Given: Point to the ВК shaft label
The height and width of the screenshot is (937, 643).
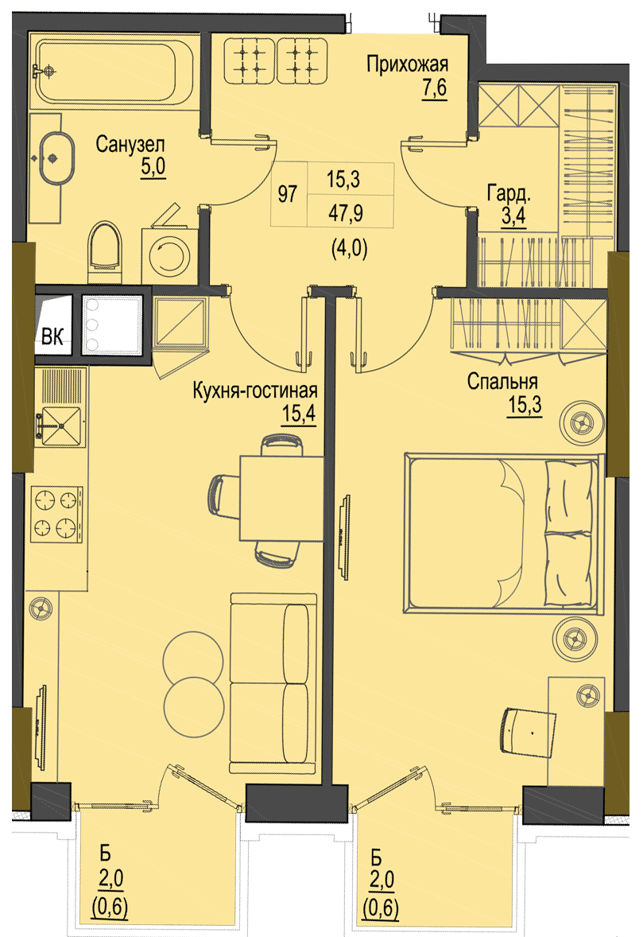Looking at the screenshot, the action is pos(52,337).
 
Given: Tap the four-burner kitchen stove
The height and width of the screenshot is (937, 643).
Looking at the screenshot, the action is pos(57,513).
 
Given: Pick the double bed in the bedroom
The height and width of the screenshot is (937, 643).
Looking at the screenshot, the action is pos(502,533).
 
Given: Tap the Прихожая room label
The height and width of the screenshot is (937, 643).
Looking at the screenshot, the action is pos(407,64).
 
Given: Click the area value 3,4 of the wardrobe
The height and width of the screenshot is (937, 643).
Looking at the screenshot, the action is pos(513,215).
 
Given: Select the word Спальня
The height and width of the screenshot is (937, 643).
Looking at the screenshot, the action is pos(502,381).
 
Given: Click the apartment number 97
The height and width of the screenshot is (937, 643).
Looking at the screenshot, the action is pos(288,194).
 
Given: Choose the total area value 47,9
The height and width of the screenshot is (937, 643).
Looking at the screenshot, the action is pos(346,212).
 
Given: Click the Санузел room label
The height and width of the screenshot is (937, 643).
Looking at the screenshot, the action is pos(130,145).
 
